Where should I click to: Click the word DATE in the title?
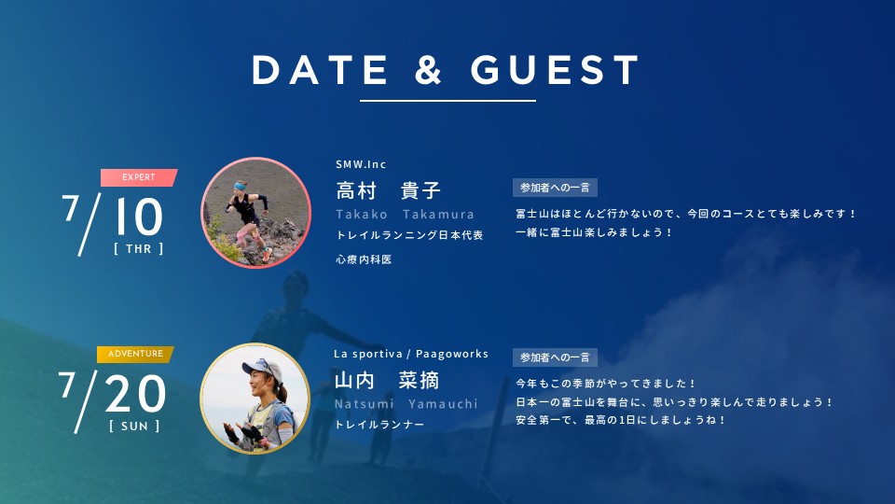[320, 70]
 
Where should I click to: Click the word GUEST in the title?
[555, 70]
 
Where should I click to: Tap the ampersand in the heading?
[429, 70]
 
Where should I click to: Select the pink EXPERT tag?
[139, 177]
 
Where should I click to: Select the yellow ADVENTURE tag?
[135, 355]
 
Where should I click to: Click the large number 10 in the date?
[139, 217]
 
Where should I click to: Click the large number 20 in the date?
[135, 394]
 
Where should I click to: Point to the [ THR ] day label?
[139, 248]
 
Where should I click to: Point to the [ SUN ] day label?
[134, 427]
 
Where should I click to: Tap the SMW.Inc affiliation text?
[361, 164]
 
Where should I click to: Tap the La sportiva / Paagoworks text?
[411, 354]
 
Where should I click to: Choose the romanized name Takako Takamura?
[406, 215]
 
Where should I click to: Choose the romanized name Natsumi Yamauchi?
[406, 404]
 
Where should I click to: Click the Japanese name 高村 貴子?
[389, 190]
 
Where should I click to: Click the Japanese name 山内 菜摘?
[386, 380]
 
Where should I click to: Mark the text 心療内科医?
[364, 259]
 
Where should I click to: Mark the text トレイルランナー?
[379, 425]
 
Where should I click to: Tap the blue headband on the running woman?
[240, 186]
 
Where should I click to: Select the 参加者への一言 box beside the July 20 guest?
[555, 357]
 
